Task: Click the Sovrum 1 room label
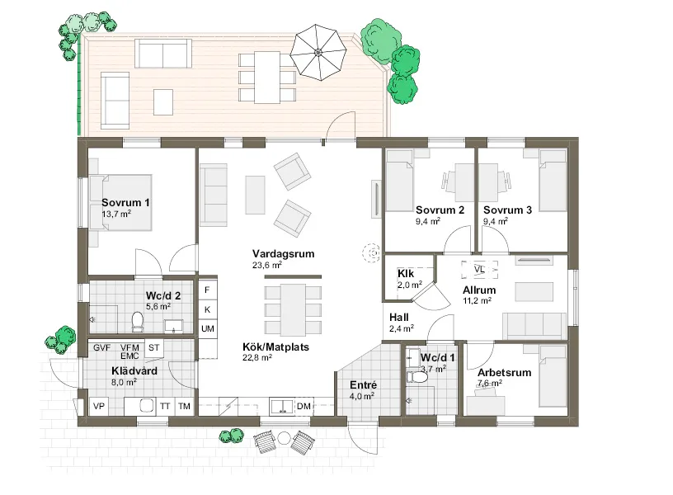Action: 125,202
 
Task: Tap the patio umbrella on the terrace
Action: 318,52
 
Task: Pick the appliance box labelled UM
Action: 208,328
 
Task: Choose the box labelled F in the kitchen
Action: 208,290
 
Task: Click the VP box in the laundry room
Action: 98,406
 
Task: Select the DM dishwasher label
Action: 304,406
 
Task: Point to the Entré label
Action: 363,385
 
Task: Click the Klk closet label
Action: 405,273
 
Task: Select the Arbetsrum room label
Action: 504,373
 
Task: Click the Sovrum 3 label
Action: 508,210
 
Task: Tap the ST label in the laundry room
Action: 154,348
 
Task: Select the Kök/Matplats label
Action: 275,347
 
